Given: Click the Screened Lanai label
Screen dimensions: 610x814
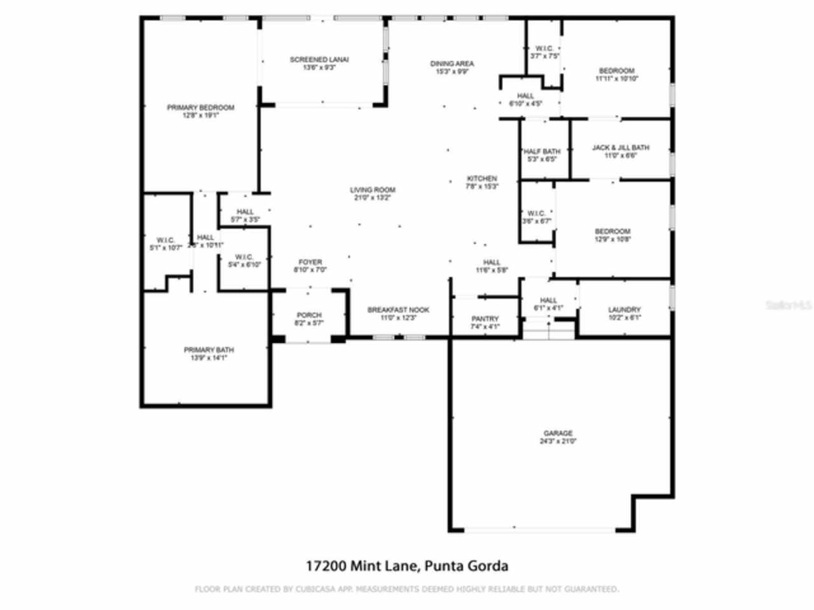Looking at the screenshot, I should point(319,60).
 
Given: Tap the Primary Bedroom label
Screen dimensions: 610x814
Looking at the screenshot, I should point(200,107).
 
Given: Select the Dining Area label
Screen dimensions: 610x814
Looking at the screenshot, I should point(452,64).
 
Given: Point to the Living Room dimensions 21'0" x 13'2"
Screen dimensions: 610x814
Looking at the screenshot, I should point(373,198).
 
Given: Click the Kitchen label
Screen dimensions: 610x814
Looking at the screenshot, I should point(481,179).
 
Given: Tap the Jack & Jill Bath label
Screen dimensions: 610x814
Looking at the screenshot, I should point(621,147).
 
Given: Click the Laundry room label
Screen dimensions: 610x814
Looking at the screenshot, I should point(624,309).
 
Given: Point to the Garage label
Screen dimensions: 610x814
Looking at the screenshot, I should point(558,433).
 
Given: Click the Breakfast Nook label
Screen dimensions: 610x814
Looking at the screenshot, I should point(398,309).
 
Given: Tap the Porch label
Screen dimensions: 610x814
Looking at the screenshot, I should point(309,315).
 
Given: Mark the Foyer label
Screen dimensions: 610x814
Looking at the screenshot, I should point(310,262).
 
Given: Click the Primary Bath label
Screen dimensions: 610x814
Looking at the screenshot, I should point(209,350).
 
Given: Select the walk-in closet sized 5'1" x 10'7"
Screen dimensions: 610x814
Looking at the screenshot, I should point(165,243).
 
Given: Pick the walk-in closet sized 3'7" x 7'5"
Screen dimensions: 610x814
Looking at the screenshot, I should point(544,52).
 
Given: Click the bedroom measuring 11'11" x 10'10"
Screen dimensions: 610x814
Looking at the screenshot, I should point(616,74).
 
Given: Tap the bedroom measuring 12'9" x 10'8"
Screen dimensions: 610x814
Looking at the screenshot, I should point(612,235).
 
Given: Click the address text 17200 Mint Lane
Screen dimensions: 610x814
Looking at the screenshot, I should point(361,566).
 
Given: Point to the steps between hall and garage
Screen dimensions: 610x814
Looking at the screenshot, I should point(548,331).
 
